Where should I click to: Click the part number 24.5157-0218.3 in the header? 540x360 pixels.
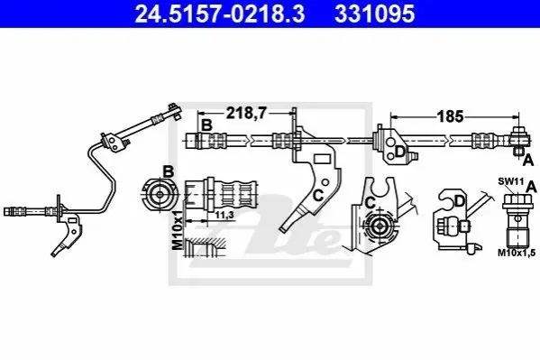(x=220, y=14)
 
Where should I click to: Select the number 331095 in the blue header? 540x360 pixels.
(x=374, y=14)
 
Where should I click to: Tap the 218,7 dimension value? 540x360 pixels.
(x=246, y=113)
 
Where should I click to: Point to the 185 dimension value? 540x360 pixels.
(x=450, y=116)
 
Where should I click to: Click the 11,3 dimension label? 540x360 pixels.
(x=224, y=215)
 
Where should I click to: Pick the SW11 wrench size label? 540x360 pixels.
(x=511, y=181)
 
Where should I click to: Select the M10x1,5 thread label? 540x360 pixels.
(x=517, y=254)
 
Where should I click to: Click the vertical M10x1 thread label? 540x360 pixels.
(x=178, y=229)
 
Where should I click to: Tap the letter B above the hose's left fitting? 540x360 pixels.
(x=206, y=125)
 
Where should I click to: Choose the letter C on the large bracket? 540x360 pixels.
(x=318, y=196)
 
